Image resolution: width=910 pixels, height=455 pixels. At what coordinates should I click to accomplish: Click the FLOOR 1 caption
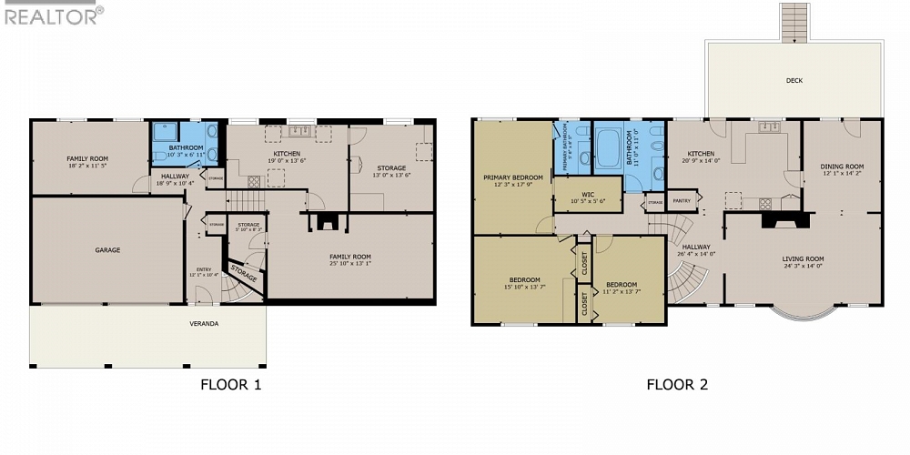230,384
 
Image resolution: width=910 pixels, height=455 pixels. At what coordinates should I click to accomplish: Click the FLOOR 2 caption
677,384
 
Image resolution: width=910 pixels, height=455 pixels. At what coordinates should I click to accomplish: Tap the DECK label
794,80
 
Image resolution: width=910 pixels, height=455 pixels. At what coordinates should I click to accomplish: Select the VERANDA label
204,323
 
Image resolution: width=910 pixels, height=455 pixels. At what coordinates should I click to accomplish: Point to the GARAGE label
107,249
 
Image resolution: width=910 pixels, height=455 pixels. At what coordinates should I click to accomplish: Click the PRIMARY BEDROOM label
513,177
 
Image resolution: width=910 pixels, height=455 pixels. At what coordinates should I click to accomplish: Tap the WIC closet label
587,197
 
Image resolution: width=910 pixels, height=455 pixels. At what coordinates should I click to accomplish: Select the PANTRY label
681,200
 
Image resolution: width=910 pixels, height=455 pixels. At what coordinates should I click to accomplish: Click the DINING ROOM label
842,167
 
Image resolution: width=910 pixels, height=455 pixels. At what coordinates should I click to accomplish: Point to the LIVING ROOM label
803,259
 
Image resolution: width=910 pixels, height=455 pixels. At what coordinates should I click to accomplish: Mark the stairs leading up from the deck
794,22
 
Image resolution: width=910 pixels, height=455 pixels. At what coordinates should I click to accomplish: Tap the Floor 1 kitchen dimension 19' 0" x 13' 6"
288,160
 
